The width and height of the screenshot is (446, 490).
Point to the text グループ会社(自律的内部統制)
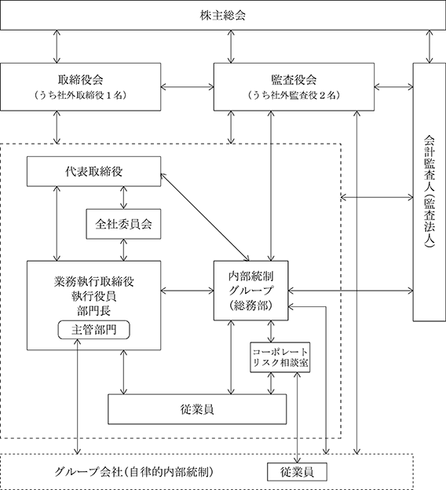(x=134, y=472)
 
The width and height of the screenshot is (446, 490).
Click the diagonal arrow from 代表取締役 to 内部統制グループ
(x=205, y=217)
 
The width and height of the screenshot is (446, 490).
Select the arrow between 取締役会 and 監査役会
(x=187, y=87)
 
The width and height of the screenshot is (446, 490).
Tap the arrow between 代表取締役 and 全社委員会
(x=123, y=198)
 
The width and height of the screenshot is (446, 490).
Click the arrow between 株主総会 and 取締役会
(x=57, y=46)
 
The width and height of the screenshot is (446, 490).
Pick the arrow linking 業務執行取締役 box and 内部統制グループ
(x=187, y=291)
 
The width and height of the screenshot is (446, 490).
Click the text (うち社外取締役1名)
(x=81, y=95)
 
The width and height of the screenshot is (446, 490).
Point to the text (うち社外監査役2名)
(x=294, y=95)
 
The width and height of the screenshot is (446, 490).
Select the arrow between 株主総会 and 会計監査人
(x=430, y=46)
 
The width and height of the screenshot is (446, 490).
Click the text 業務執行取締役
(x=93, y=282)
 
